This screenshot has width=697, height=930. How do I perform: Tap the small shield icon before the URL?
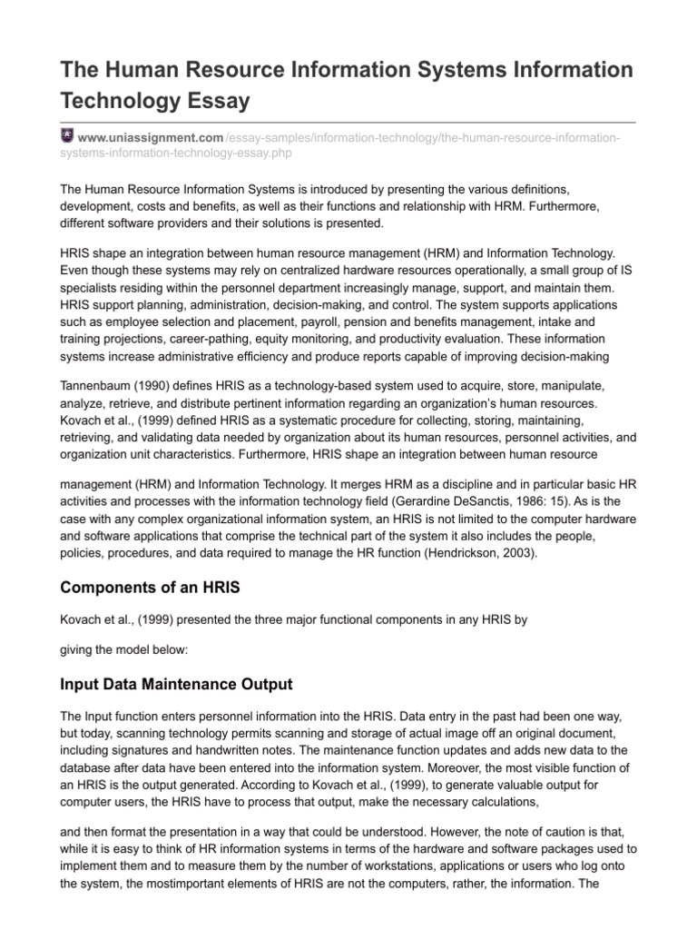[x=66, y=136]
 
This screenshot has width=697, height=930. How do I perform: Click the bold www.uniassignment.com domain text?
[x=151, y=137]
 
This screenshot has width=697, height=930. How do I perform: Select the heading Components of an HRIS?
[x=150, y=588]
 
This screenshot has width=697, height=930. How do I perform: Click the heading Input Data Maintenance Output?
[x=176, y=683]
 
